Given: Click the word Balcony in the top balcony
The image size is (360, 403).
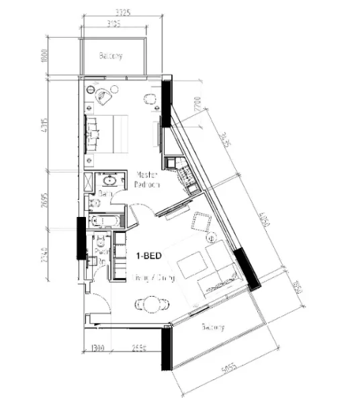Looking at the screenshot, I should pos(111,56).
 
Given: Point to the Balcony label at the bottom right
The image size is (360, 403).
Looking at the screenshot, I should pos(212,328).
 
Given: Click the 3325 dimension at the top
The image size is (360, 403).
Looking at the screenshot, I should pos(122,12).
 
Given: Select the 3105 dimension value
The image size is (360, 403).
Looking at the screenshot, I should pos(117,26).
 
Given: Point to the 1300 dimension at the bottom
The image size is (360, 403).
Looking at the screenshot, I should pos(98,349).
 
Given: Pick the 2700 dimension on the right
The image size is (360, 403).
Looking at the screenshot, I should pos(197,106).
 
